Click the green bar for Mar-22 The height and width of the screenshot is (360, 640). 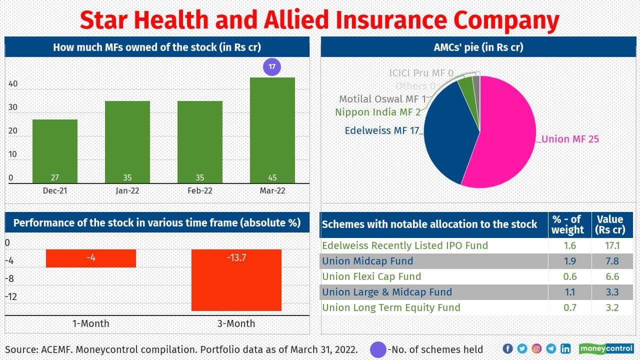click(272, 130)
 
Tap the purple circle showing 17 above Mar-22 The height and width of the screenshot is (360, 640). click(272, 66)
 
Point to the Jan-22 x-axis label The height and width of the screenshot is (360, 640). click(127, 191)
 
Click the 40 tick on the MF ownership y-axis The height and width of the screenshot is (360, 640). click(13, 84)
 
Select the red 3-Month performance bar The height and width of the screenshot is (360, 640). click(236, 280)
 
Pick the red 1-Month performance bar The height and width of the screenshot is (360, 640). click(91, 258)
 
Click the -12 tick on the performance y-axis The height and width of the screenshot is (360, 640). click(11, 296)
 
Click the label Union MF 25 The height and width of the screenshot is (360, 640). click(570, 139)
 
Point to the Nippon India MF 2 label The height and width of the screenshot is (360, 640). click(377, 112)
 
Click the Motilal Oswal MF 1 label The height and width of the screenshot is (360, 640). click(382, 99)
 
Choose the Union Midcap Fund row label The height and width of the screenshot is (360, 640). click(367, 261)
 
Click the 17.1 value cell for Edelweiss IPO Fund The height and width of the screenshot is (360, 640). click(612, 245)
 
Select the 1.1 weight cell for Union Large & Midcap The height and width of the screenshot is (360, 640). click(570, 292)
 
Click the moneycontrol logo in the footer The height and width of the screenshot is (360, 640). click(605, 348)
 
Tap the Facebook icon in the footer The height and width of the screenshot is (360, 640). click(507, 348)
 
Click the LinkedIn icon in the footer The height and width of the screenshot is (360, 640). click(565, 348)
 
